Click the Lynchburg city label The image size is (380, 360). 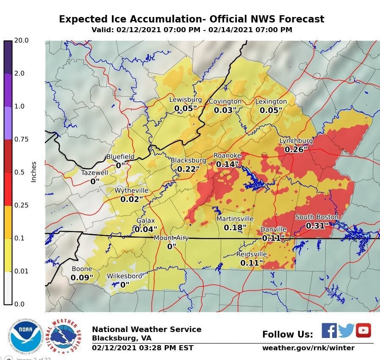coord(296,141)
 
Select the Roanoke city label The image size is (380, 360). coord(227,155)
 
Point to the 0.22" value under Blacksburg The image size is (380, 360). coord(186,169)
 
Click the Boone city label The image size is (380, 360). coord(82,269)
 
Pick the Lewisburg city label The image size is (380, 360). coord(185,100)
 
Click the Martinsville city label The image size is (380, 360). coord(235,219)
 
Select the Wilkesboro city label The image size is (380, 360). coord(124,276)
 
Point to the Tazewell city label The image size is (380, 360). coord(94,173)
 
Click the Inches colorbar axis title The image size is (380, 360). coord(34,172)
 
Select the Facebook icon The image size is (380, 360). coord(329,330)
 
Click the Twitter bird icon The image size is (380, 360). coord(346,330)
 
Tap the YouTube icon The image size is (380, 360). coord(363,330)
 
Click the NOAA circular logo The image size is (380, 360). coord(25,336)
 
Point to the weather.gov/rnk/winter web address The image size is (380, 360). coord(308,348)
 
